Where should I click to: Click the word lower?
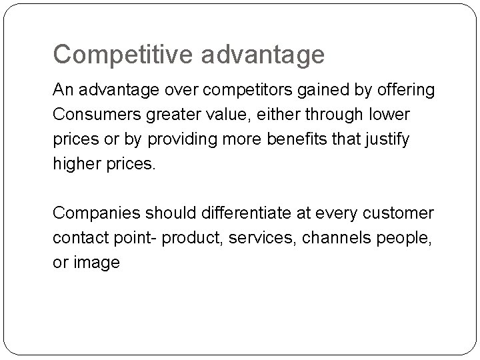(389, 115)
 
